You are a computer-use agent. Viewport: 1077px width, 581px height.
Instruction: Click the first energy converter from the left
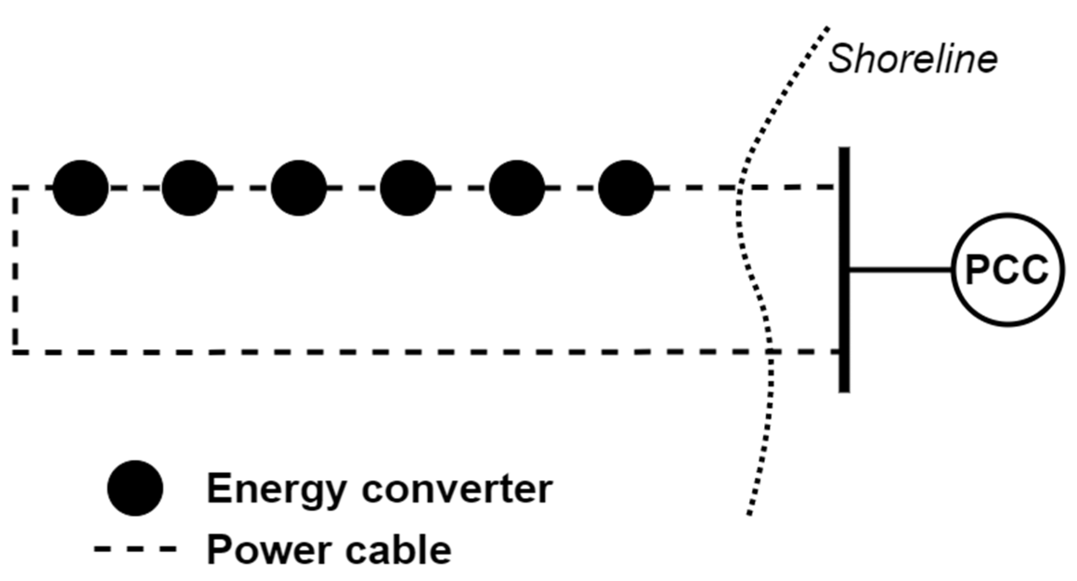pyautogui.click(x=80, y=188)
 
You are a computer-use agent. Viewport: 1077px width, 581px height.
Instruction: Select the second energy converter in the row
pyautogui.click(x=189, y=188)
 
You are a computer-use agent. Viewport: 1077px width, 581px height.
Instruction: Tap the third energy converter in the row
pyautogui.click(x=298, y=188)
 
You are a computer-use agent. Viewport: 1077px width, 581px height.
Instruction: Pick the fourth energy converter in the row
pyautogui.click(x=408, y=188)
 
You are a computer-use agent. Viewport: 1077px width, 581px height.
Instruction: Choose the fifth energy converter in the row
pyautogui.click(x=517, y=188)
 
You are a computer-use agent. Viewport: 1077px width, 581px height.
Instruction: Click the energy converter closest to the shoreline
pyautogui.click(x=626, y=188)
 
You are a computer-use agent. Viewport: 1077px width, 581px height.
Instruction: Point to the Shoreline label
pyautogui.click(x=913, y=59)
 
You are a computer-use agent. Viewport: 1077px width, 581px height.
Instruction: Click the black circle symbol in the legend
pyautogui.click(x=135, y=488)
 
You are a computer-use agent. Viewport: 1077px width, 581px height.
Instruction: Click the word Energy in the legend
pyautogui.click(x=277, y=489)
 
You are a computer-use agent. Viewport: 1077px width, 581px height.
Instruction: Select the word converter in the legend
pyautogui.click(x=457, y=489)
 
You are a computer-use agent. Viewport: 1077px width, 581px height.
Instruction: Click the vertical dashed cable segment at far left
pyautogui.click(x=15, y=269)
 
